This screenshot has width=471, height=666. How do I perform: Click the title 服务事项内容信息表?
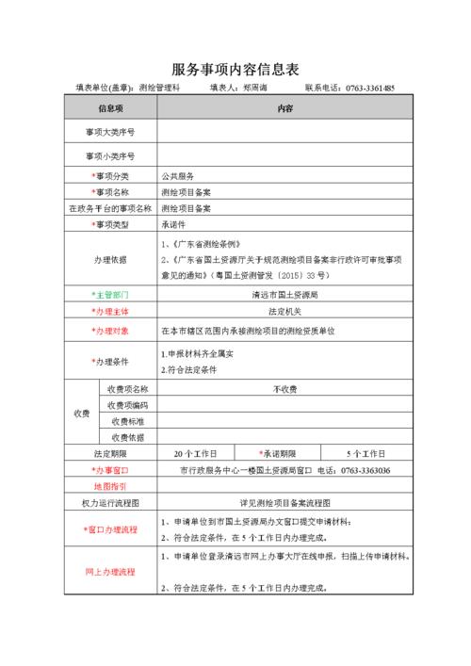click(x=235, y=69)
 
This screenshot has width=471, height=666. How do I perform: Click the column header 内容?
click(x=285, y=109)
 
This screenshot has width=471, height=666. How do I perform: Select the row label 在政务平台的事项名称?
click(x=110, y=208)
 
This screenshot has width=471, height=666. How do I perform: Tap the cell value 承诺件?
click(x=174, y=225)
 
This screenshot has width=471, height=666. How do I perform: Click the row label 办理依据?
click(x=110, y=259)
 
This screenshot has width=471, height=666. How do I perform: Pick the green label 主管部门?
click(x=112, y=294)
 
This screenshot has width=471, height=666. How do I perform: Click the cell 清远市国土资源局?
click(x=284, y=294)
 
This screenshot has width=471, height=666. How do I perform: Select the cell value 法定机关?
click(x=284, y=311)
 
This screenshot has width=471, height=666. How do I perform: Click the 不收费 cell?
click(x=284, y=388)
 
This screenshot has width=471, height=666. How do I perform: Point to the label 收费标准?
click(x=127, y=421)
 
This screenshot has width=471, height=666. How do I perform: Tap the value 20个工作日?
click(x=196, y=453)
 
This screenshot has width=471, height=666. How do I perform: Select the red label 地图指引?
click(x=110, y=486)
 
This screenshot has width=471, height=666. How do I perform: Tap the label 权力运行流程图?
click(x=110, y=503)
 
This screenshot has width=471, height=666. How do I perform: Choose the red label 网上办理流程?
click(x=110, y=572)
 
